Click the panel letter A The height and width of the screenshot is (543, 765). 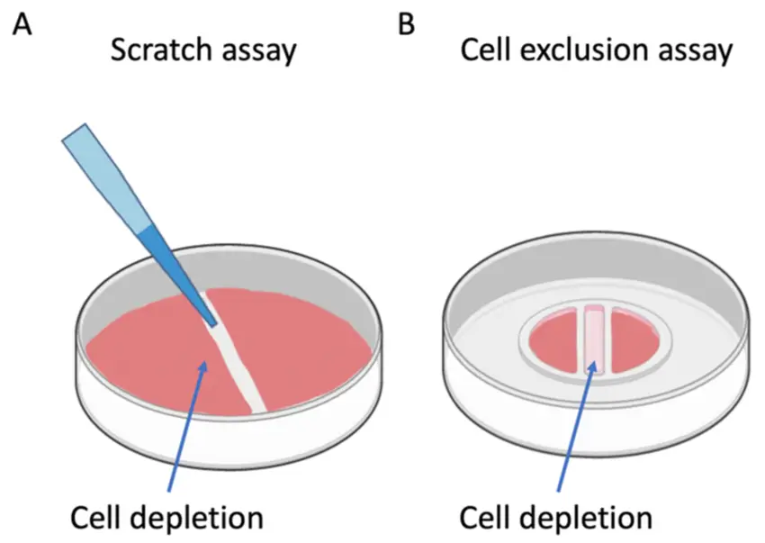coord(22,24)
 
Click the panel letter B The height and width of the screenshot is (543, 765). coord(407,24)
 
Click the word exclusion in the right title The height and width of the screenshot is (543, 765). coord(584,50)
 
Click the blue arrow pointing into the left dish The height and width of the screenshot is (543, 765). coord(186,425)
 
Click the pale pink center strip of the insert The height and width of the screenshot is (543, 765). coord(594,340)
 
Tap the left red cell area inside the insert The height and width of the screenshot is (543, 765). coord(557,342)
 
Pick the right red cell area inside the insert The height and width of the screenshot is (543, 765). coord(634,342)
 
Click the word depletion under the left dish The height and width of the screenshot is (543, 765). coord(194,520)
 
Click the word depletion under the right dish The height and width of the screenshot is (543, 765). coord(583,520)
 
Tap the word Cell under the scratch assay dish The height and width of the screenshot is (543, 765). coord(95,518)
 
